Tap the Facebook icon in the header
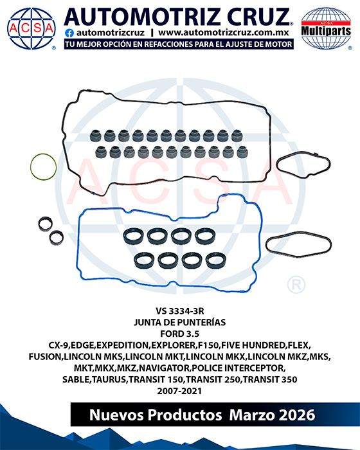click(x=69, y=33)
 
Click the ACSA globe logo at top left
click(x=32, y=28)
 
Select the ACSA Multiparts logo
click(x=326, y=28)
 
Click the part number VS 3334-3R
click(x=180, y=311)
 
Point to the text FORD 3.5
click(x=180, y=334)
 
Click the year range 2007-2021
click(x=179, y=391)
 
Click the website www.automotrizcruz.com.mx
click(x=224, y=33)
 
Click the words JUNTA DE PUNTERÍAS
click(x=180, y=322)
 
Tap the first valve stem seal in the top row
click(x=95, y=136)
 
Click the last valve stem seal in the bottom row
click(x=242, y=152)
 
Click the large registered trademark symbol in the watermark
click(x=296, y=285)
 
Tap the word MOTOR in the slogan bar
click(x=280, y=44)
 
